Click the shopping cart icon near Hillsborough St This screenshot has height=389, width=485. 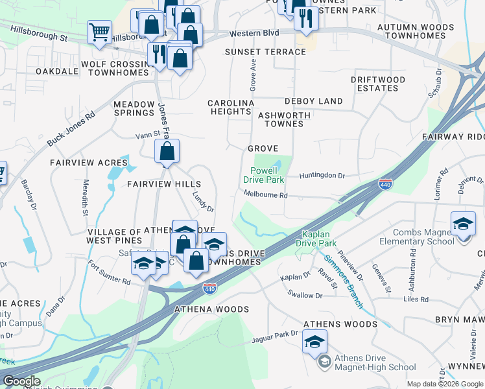click(99, 31)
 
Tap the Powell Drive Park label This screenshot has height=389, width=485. click(264, 175)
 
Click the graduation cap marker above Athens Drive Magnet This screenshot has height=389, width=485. click(314, 341)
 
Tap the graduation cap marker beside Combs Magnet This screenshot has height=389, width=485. click(463, 224)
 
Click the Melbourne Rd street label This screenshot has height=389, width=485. click(265, 194)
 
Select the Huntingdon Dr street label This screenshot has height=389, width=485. click(322, 175)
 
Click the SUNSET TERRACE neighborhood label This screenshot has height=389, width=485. click(265, 52)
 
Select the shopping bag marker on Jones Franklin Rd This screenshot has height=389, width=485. click(167, 152)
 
